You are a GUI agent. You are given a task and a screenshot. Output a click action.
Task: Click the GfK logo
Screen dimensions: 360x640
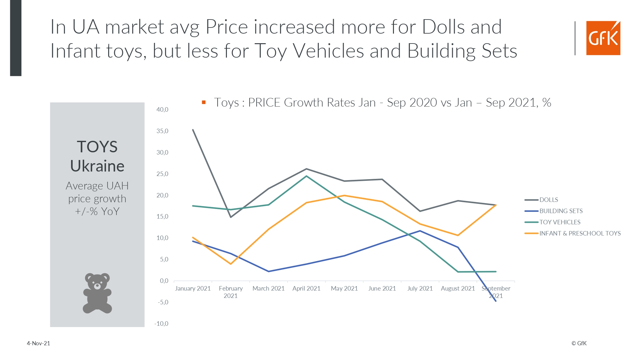[x=603, y=38]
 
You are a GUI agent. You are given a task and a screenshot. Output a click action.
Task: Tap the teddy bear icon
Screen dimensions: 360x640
[x=97, y=293]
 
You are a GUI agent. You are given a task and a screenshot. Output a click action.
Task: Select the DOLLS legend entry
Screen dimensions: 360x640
[x=548, y=200]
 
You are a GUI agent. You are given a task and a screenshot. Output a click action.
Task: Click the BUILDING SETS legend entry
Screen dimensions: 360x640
[x=561, y=211]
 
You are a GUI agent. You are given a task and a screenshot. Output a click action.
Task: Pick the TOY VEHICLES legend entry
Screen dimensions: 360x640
[x=560, y=222]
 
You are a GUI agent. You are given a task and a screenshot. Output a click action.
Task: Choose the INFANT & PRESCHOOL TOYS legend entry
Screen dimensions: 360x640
[x=580, y=234]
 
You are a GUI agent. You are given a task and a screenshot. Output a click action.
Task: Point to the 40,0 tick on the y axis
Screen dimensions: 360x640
[x=162, y=110]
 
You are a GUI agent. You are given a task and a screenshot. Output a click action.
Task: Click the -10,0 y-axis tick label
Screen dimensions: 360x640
[x=161, y=324]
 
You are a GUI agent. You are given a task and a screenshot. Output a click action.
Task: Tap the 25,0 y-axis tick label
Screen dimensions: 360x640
[x=162, y=174]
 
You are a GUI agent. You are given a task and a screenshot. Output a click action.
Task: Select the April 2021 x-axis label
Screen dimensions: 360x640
[x=306, y=289]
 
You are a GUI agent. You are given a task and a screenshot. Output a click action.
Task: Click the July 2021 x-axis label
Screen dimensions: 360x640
[x=420, y=289]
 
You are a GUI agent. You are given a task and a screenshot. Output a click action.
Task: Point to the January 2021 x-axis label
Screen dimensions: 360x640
[x=193, y=289]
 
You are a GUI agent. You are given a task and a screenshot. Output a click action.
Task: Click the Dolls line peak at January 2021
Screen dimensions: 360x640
[x=193, y=130]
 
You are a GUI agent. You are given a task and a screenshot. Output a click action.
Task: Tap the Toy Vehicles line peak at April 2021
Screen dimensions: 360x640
[x=306, y=176]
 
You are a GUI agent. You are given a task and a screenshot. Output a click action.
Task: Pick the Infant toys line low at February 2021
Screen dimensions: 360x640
[x=231, y=264]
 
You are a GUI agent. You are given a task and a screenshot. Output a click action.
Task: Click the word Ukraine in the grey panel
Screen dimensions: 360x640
[x=97, y=166]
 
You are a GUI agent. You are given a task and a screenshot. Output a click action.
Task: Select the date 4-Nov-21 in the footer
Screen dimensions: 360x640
[x=38, y=343]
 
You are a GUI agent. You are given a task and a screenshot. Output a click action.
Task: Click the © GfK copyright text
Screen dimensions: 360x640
[x=579, y=343]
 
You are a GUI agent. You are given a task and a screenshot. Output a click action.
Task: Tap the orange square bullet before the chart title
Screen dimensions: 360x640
[x=204, y=102]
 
